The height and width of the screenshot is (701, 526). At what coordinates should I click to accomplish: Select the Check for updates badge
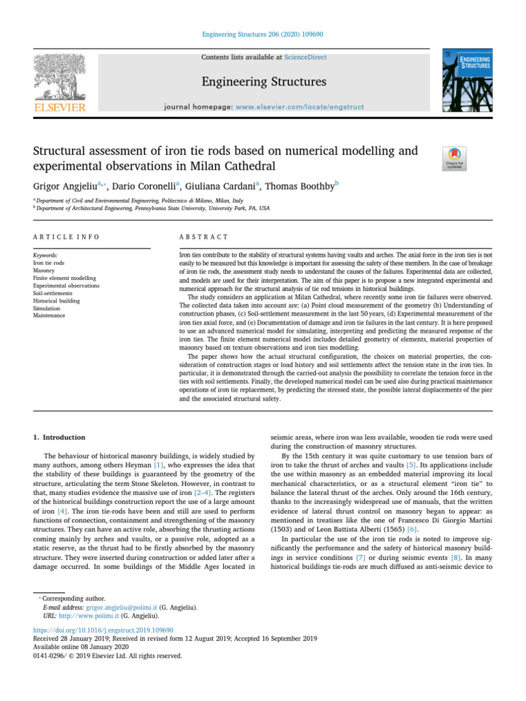pos(455,158)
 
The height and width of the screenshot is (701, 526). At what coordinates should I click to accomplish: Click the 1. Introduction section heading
pos(60,437)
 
